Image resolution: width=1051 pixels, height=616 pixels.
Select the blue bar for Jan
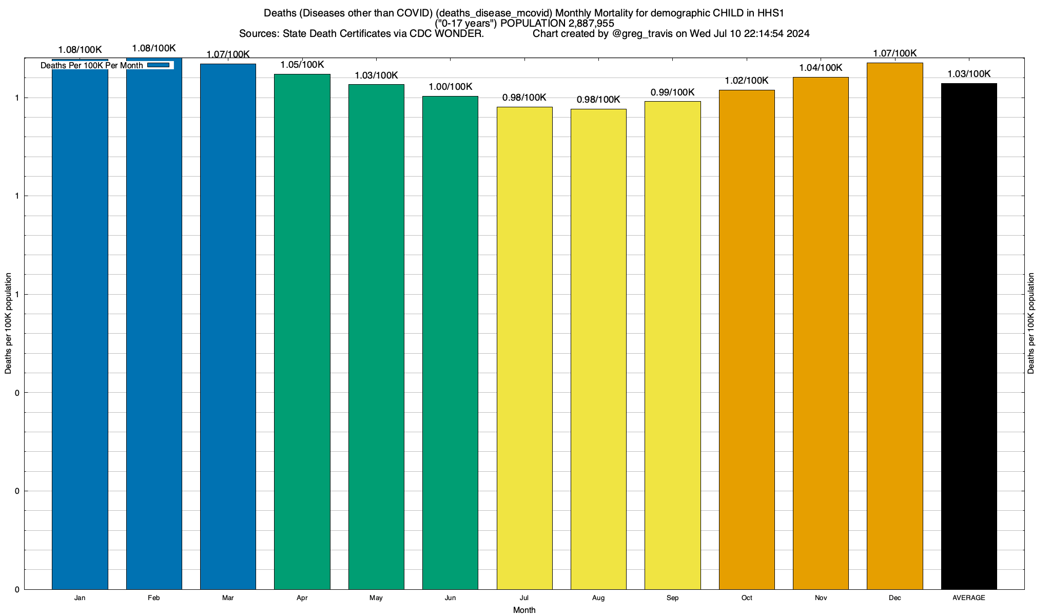(80, 329)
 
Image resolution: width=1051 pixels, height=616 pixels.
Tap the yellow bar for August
(598, 349)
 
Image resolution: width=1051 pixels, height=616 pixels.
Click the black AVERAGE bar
(969, 336)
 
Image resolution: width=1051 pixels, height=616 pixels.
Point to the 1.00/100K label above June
(450, 87)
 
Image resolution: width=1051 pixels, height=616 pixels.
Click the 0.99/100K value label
(672, 92)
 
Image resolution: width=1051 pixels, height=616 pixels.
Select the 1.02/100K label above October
(747, 81)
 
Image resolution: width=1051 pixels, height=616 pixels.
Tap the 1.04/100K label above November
(821, 68)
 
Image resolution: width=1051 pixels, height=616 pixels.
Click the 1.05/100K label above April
(302, 65)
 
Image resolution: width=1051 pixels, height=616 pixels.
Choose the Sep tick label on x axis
(672, 598)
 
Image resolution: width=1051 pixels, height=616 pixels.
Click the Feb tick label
(154, 598)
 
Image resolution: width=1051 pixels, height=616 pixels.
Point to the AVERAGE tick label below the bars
(969, 598)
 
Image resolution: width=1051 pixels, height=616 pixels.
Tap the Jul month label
(524, 598)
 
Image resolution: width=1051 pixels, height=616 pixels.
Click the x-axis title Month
(524, 610)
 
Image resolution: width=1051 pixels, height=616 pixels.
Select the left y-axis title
(8, 323)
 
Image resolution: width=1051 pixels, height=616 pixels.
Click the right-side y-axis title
(1031, 323)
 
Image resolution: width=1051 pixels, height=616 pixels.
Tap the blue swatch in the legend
(158, 65)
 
